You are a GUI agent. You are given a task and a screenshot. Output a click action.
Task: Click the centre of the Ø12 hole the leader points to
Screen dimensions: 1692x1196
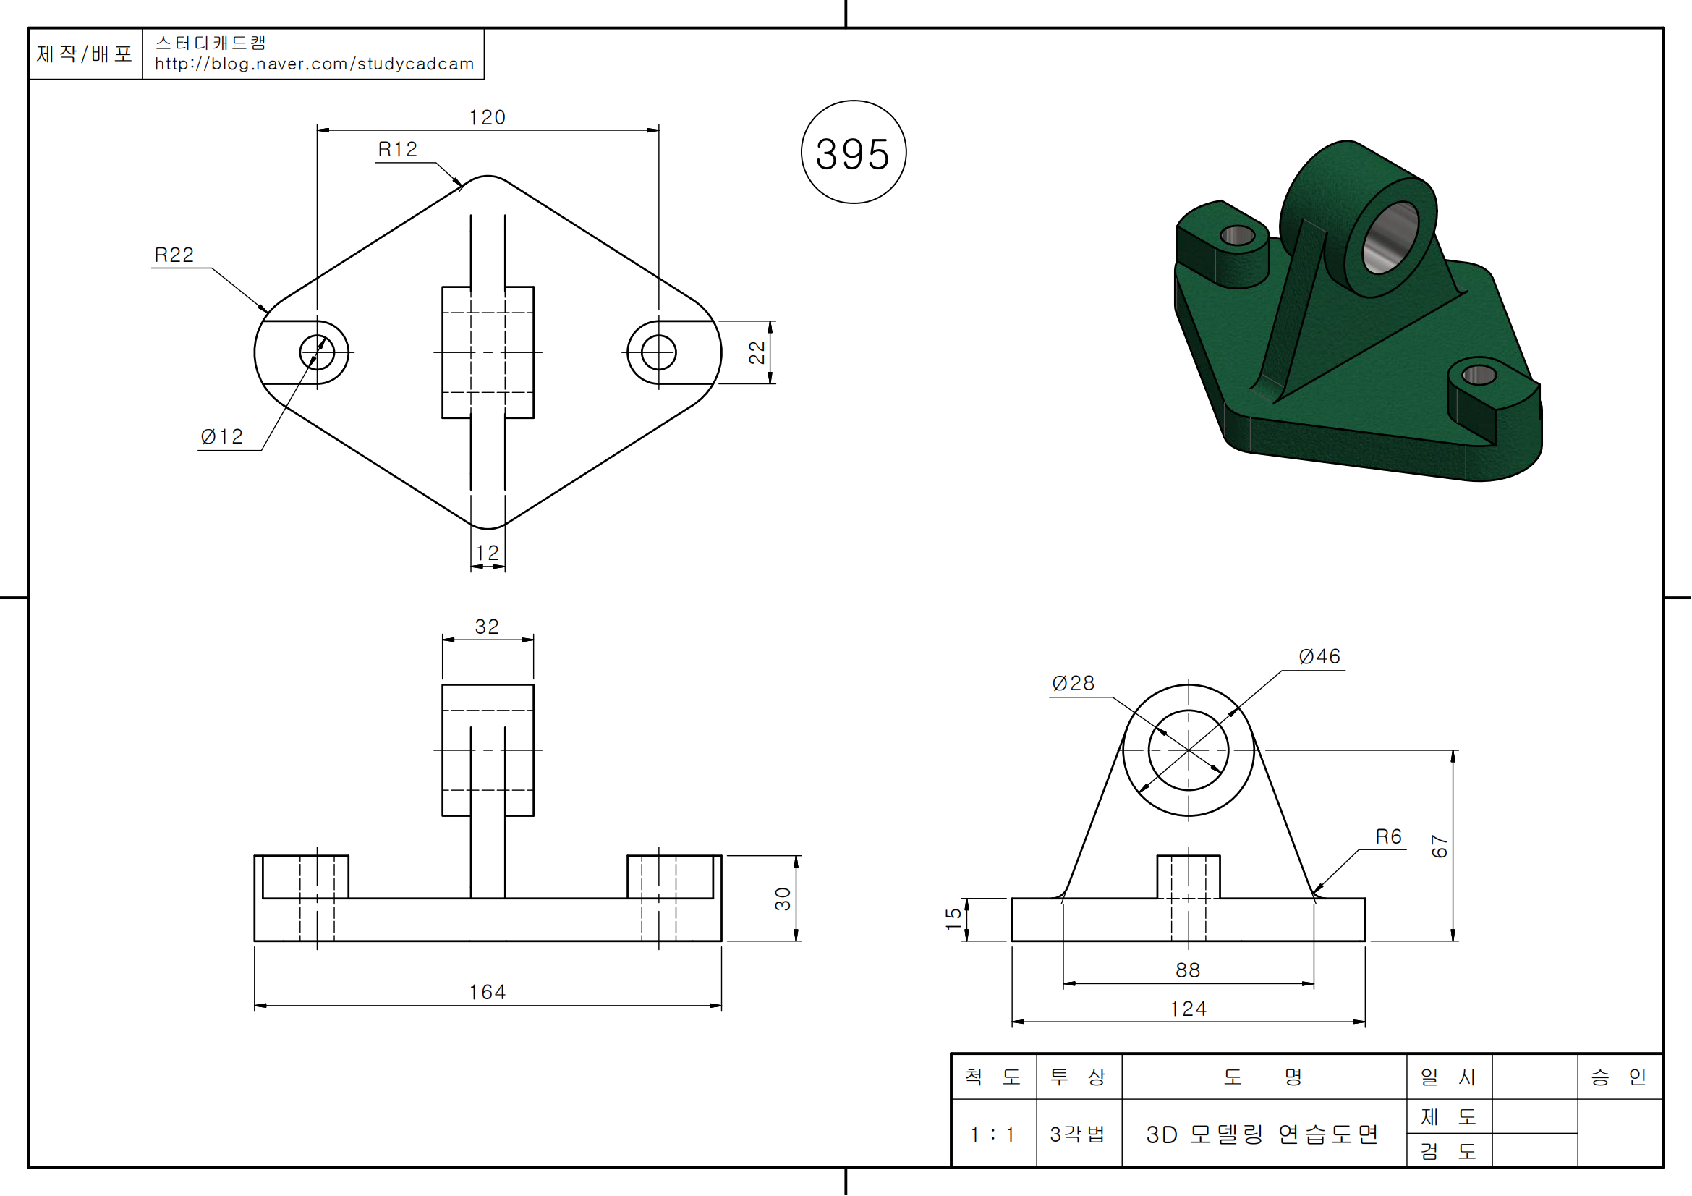(x=317, y=352)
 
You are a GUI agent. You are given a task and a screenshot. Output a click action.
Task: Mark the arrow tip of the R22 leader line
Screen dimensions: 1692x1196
(x=269, y=313)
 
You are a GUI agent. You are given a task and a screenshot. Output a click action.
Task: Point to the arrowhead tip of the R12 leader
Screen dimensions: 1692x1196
(x=463, y=187)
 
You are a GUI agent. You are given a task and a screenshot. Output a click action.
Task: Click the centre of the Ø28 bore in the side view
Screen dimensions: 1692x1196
(x=1188, y=750)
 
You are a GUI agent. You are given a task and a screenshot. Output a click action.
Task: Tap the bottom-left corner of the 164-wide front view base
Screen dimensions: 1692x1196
(x=254, y=941)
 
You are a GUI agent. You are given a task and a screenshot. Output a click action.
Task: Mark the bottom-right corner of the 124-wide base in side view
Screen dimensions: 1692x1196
(x=1365, y=941)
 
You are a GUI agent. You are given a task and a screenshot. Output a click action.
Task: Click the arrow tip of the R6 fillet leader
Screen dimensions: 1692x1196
(x=1313, y=894)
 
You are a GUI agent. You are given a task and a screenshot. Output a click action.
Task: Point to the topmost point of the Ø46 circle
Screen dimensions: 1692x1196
(x=1188, y=684)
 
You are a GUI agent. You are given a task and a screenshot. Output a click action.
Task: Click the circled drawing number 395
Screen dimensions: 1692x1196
(x=854, y=153)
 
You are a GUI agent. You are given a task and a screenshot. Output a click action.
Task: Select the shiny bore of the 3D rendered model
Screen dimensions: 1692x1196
(x=1390, y=237)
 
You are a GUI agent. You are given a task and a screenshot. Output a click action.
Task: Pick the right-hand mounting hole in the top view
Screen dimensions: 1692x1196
(x=658, y=352)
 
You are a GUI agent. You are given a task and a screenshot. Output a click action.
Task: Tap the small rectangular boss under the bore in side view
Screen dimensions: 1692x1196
(x=1188, y=877)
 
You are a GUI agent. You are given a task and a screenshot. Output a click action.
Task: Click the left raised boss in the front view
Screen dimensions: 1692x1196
(x=305, y=877)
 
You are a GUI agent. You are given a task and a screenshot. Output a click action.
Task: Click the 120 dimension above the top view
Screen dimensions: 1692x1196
(x=487, y=118)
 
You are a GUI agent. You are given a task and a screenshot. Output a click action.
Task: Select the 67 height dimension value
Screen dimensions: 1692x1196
(x=1440, y=846)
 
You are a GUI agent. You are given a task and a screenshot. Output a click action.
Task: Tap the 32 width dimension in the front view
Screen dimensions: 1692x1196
(x=487, y=627)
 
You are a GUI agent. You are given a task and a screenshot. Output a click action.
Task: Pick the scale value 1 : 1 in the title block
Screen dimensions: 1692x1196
(x=992, y=1134)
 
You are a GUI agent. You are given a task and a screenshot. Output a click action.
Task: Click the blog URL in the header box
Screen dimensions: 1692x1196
(x=314, y=64)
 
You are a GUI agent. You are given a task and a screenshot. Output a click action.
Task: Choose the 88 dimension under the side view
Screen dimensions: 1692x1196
(x=1188, y=970)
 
